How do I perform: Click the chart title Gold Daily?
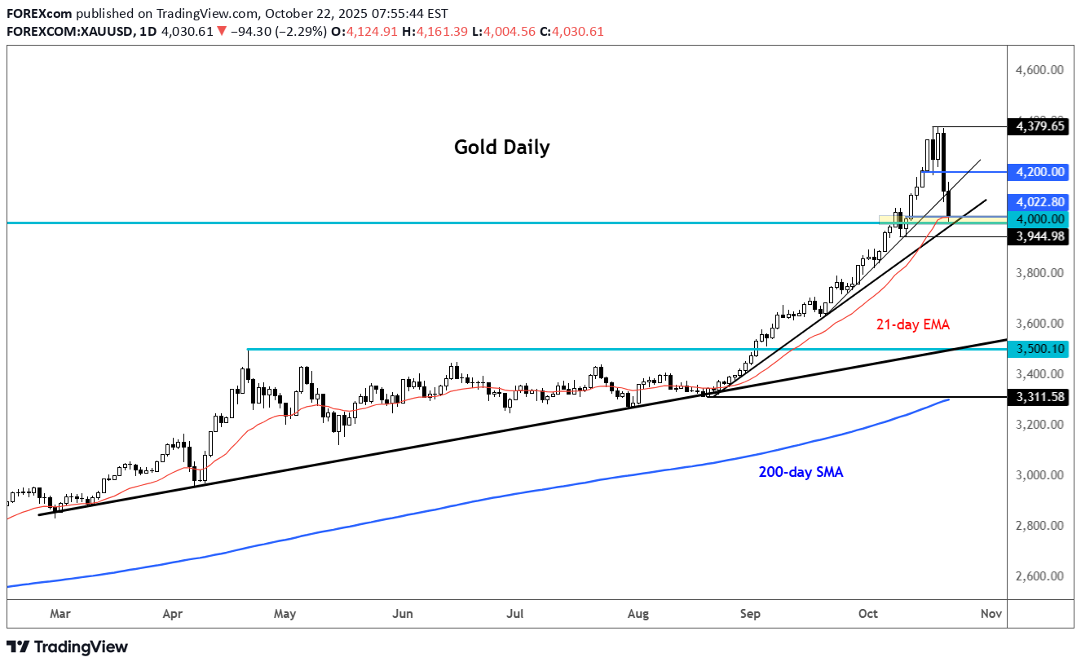[x=501, y=148]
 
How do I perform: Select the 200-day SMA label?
[x=801, y=472]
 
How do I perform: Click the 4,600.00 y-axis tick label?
[x=1039, y=70]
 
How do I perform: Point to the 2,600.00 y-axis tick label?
[x=1039, y=576]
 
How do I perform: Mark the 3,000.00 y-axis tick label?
[x=1039, y=475]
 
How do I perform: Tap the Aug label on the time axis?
[x=638, y=613]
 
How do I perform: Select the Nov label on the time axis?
[x=991, y=613]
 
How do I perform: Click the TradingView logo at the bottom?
[x=68, y=647]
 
